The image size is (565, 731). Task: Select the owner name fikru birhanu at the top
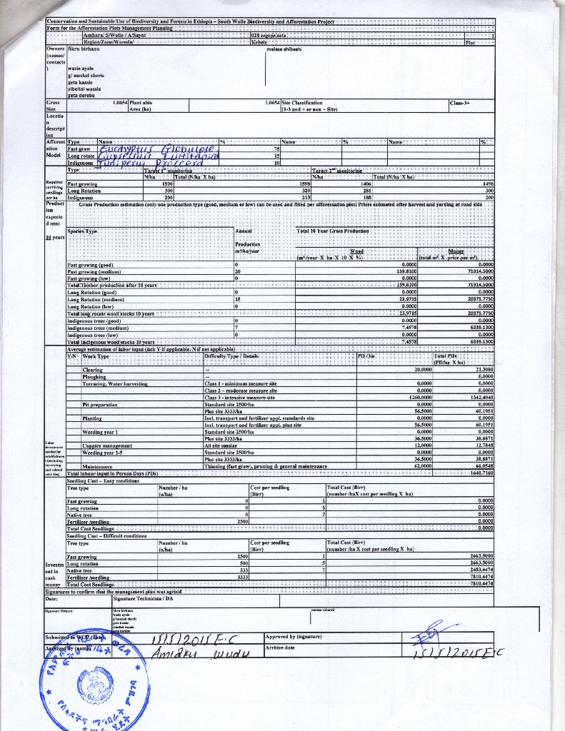point(84,50)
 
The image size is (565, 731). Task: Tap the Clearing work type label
point(93,370)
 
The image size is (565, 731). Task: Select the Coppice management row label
point(107,445)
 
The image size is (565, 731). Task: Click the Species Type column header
point(83,231)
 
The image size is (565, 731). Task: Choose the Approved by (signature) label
point(294,636)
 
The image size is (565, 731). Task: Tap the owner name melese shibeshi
point(284,50)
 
